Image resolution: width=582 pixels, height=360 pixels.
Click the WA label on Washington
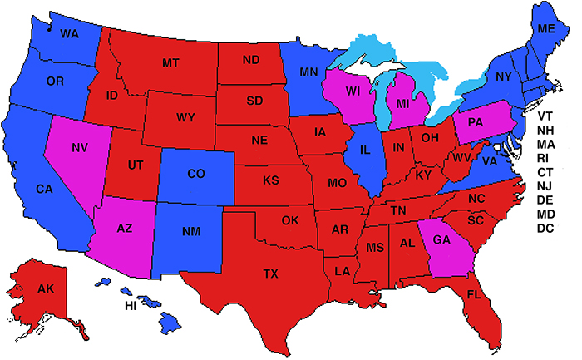pos(70,33)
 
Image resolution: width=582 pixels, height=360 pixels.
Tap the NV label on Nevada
pos(80,148)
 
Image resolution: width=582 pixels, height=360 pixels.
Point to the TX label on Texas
pos(271,274)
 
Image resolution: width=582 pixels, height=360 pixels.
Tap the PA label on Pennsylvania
pos(476,123)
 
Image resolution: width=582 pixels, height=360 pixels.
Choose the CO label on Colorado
pos(196,174)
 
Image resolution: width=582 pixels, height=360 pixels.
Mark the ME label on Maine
pos(546,28)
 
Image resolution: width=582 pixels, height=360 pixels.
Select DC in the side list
pos(545,229)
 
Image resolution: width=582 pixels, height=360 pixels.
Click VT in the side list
pos(545,116)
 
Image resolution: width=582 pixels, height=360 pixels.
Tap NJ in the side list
pos(545,186)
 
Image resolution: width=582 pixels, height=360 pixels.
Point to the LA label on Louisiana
pos(341,272)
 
